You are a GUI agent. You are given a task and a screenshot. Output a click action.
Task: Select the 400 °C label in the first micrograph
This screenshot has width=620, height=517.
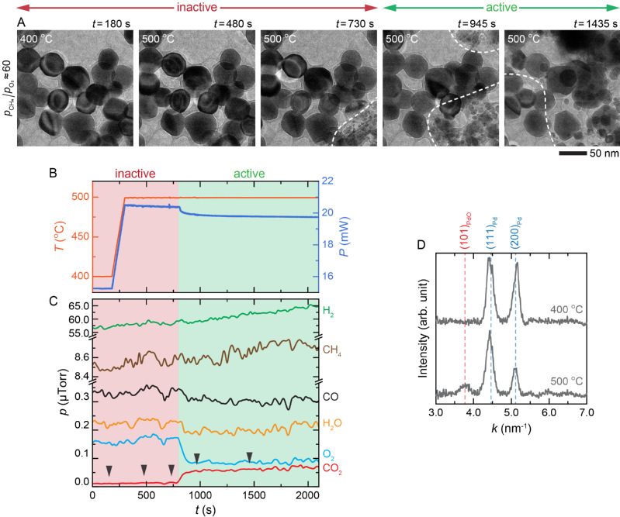(x=35, y=38)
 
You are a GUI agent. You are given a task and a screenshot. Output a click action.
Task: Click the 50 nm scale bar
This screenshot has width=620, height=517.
(x=576, y=154)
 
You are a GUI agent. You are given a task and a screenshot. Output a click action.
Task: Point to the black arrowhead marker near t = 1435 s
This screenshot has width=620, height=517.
(x=249, y=456)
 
